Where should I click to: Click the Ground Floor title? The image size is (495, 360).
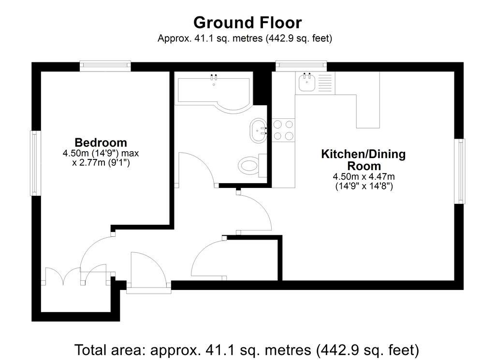pyautogui.click(x=247, y=23)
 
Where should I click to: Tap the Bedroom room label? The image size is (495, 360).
pyautogui.click(x=101, y=143)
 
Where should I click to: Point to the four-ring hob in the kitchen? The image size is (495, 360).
pyautogui.click(x=283, y=130)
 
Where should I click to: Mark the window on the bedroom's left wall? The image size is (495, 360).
pyautogui.click(x=35, y=163)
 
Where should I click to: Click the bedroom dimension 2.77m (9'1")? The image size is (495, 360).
pyautogui.click(x=101, y=163)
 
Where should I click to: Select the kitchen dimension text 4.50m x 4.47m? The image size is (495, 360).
pyautogui.click(x=364, y=176)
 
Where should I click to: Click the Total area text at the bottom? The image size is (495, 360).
pyautogui.click(x=247, y=348)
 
